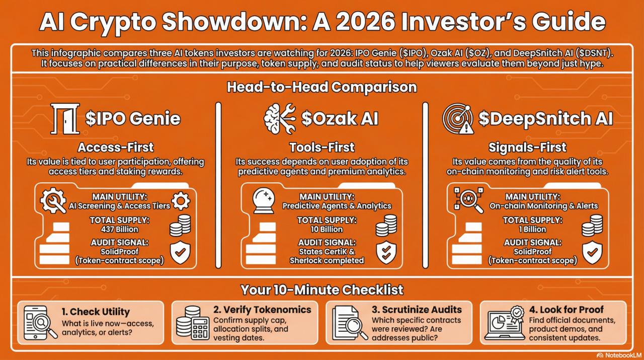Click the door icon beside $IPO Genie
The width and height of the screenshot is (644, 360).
click(64, 118)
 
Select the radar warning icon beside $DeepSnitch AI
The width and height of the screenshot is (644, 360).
click(458, 119)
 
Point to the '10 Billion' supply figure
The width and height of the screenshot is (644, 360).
click(327, 229)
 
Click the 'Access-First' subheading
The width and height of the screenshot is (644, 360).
click(116, 148)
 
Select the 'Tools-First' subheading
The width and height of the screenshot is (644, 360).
click(322, 148)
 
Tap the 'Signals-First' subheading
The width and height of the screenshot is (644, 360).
click(527, 148)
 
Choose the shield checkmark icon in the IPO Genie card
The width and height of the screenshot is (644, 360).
click(180, 252)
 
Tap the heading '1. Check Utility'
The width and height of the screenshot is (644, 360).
click(95, 311)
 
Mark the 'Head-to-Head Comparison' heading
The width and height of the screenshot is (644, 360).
click(322, 87)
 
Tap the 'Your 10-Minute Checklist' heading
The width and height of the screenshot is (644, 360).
click(322, 290)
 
